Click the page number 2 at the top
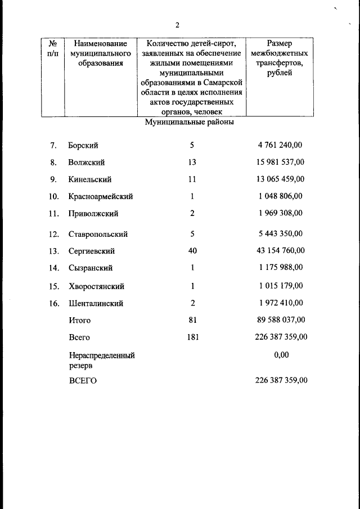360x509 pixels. coord(177,25)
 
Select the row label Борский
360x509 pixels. coord(83,145)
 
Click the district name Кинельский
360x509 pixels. coord(89,179)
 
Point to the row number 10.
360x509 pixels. coord(54,197)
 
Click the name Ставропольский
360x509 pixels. coord(98,234)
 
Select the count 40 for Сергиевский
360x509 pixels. coord(192,251)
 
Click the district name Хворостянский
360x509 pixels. coord(96,286)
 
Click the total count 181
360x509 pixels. coord(192,337)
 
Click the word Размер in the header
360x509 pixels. coord(280,43)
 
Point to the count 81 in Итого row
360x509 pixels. coord(192,320)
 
